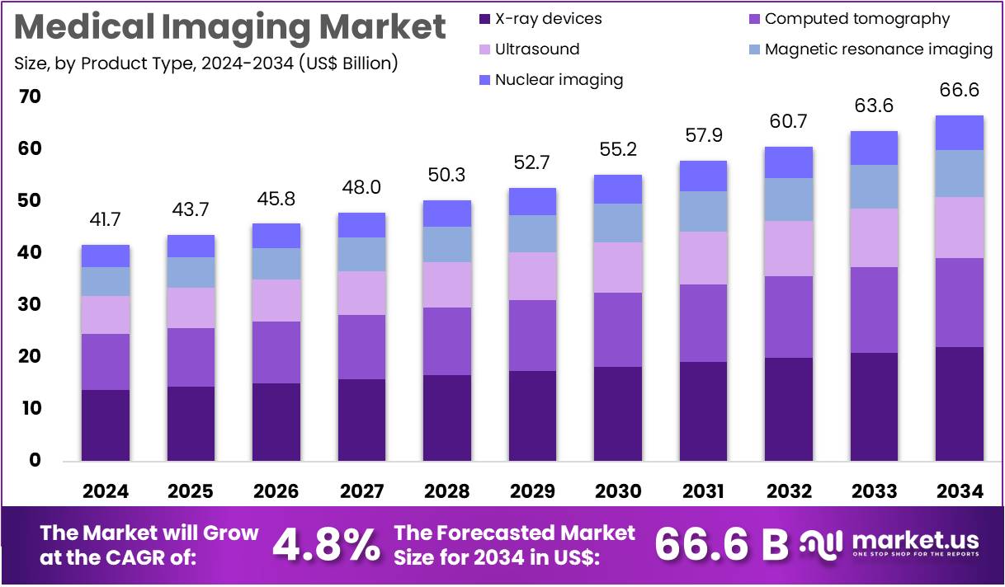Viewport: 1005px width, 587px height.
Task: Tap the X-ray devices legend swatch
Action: coord(484,18)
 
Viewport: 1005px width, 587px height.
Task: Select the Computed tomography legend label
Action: coord(857,18)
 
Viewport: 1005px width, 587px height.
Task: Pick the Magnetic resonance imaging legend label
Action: coord(879,49)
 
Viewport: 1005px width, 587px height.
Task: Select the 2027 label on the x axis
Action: coord(361,491)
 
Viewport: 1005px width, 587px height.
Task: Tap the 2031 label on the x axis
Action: coord(704,491)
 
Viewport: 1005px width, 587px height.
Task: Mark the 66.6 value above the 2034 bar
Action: coord(959,90)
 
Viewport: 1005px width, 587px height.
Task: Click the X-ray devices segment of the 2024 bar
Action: coord(105,425)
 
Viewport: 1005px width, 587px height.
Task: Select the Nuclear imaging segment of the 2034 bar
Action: coord(959,133)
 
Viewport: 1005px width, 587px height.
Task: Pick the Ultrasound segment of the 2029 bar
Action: coord(532,276)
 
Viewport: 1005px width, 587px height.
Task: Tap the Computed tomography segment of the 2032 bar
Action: coord(789,317)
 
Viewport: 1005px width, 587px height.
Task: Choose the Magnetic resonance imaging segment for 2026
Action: coord(276,264)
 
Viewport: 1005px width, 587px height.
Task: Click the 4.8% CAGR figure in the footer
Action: coord(327,544)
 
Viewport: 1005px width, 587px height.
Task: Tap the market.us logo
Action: coord(891,544)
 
